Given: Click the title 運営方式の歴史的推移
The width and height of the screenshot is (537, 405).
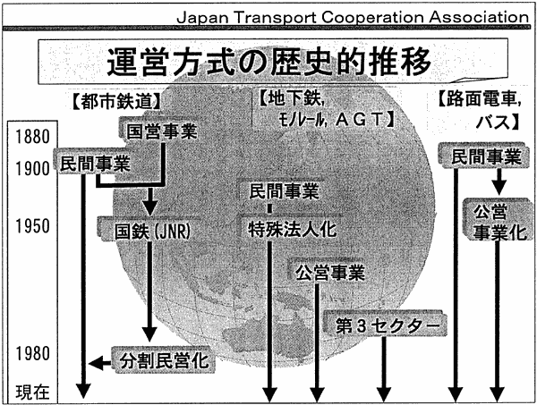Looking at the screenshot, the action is (268, 62).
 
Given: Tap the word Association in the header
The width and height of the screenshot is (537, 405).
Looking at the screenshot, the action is (479, 17).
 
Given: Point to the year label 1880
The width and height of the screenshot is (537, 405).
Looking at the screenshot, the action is (32, 137).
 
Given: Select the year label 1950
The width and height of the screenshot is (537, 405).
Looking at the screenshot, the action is (32, 226).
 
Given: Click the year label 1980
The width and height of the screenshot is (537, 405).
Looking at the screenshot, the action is (32, 353).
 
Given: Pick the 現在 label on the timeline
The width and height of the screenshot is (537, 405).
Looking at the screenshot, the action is (32, 392).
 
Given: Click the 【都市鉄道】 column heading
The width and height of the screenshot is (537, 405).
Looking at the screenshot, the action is (116, 102).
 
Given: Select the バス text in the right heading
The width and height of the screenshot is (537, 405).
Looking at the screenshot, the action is (493, 122).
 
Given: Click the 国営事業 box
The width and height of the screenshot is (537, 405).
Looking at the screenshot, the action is (162, 131).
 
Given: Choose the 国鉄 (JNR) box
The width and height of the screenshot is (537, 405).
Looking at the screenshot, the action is (150, 231).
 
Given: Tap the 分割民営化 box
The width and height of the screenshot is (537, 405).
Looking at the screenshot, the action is (164, 360).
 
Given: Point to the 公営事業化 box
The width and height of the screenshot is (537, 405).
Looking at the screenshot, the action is (499, 222).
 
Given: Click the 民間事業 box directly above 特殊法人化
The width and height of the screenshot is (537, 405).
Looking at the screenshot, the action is (283, 190).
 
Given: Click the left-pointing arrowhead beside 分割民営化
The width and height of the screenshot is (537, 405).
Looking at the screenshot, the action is (95, 363).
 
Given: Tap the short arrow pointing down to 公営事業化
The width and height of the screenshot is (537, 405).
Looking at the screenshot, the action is (499, 181).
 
